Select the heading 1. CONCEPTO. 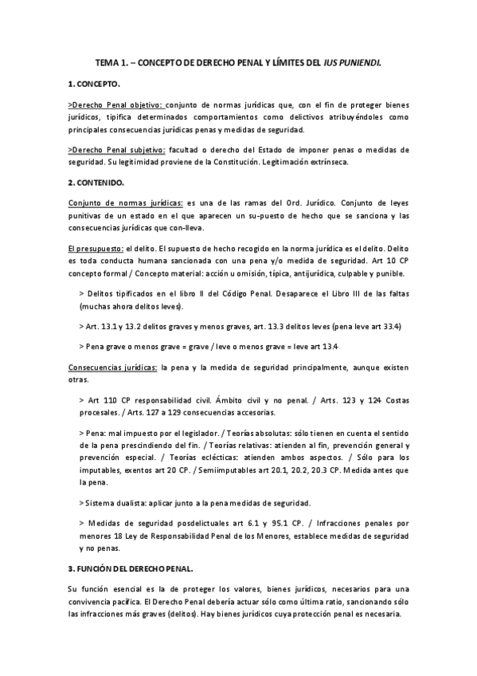point(95,83)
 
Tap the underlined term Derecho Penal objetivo point(118,104)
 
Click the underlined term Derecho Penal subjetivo point(118,149)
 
